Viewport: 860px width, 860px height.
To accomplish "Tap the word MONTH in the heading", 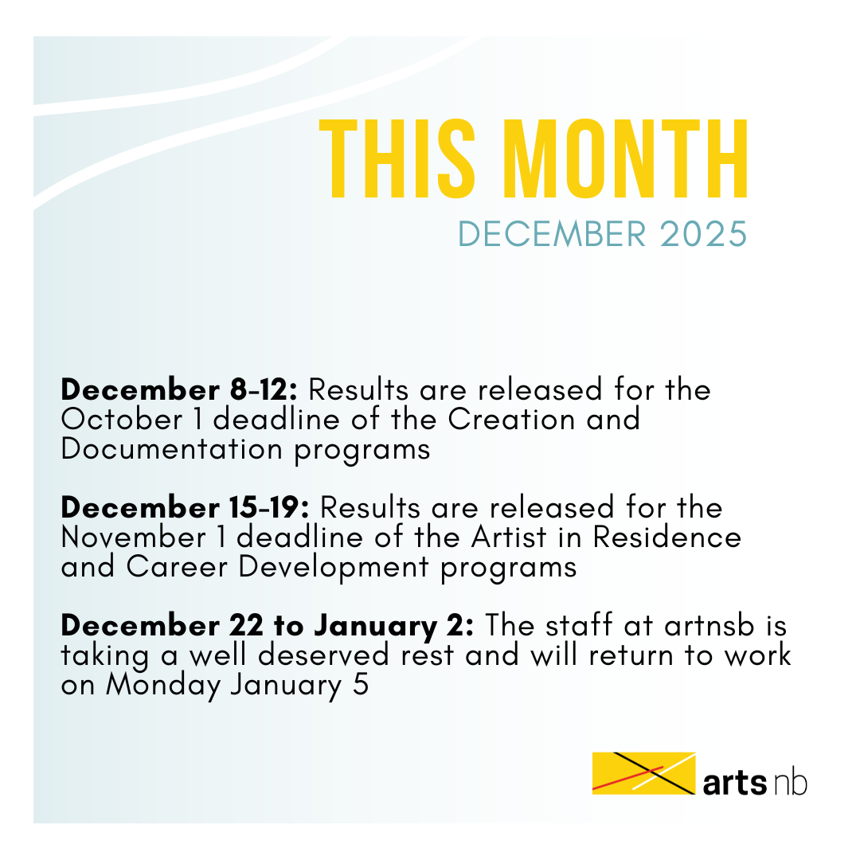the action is [625, 158].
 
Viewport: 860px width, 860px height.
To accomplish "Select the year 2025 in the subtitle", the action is [703, 234].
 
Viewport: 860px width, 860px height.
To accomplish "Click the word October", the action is [121, 420].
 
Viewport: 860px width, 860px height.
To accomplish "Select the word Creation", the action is [511, 420].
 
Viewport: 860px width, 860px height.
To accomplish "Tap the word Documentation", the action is [172, 449].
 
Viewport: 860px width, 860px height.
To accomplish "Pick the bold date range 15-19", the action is [270, 507].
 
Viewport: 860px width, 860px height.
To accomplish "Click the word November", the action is [133, 537].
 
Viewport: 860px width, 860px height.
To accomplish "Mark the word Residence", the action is [667, 537].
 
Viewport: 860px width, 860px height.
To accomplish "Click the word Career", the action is [177, 567].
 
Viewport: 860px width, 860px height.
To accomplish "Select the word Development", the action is [334, 567].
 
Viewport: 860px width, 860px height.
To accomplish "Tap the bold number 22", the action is [247, 625].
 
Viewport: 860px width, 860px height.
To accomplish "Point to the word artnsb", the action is [709, 625].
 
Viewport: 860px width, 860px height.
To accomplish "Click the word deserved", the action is [323, 655].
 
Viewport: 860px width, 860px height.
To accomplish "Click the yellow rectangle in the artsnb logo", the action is [644, 772].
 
